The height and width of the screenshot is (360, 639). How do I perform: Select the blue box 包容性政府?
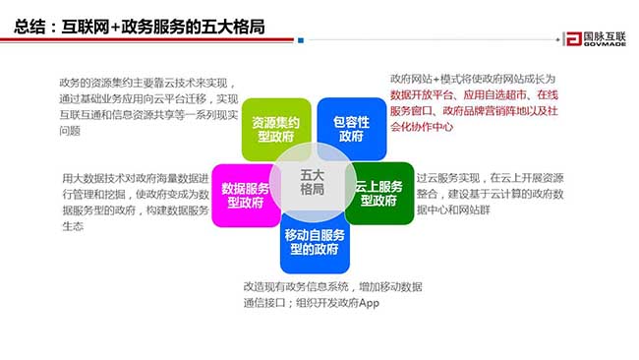(x=351, y=129)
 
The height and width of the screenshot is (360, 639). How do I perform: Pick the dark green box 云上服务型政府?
(x=378, y=194)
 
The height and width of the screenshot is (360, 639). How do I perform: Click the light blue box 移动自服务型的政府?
(x=315, y=242)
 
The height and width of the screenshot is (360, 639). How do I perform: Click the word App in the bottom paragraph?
(x=368, y=303)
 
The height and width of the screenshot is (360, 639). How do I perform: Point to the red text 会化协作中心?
(x=423, y=126)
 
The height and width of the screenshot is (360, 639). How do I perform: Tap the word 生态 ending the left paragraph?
(x=72, y=226)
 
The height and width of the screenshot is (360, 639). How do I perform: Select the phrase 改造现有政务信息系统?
(x=291, y=286)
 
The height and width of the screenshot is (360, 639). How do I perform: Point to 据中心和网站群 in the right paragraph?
(x=457, y=210)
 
